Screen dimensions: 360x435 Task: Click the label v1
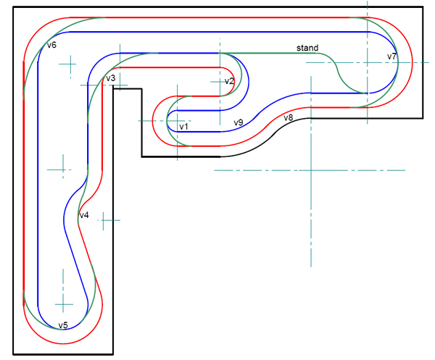183,127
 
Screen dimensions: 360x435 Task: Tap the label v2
229,81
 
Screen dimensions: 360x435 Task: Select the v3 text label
110,78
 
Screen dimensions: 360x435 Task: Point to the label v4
83,216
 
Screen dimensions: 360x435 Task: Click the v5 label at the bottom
63,325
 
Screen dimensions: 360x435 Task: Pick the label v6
51,45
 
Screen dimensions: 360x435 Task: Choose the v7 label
391,56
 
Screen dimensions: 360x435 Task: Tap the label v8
288,118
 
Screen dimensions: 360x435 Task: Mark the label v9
238,122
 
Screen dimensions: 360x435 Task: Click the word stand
307,49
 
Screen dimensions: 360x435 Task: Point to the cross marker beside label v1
176,120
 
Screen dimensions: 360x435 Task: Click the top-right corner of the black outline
421,7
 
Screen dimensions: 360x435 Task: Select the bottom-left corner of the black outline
13,353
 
